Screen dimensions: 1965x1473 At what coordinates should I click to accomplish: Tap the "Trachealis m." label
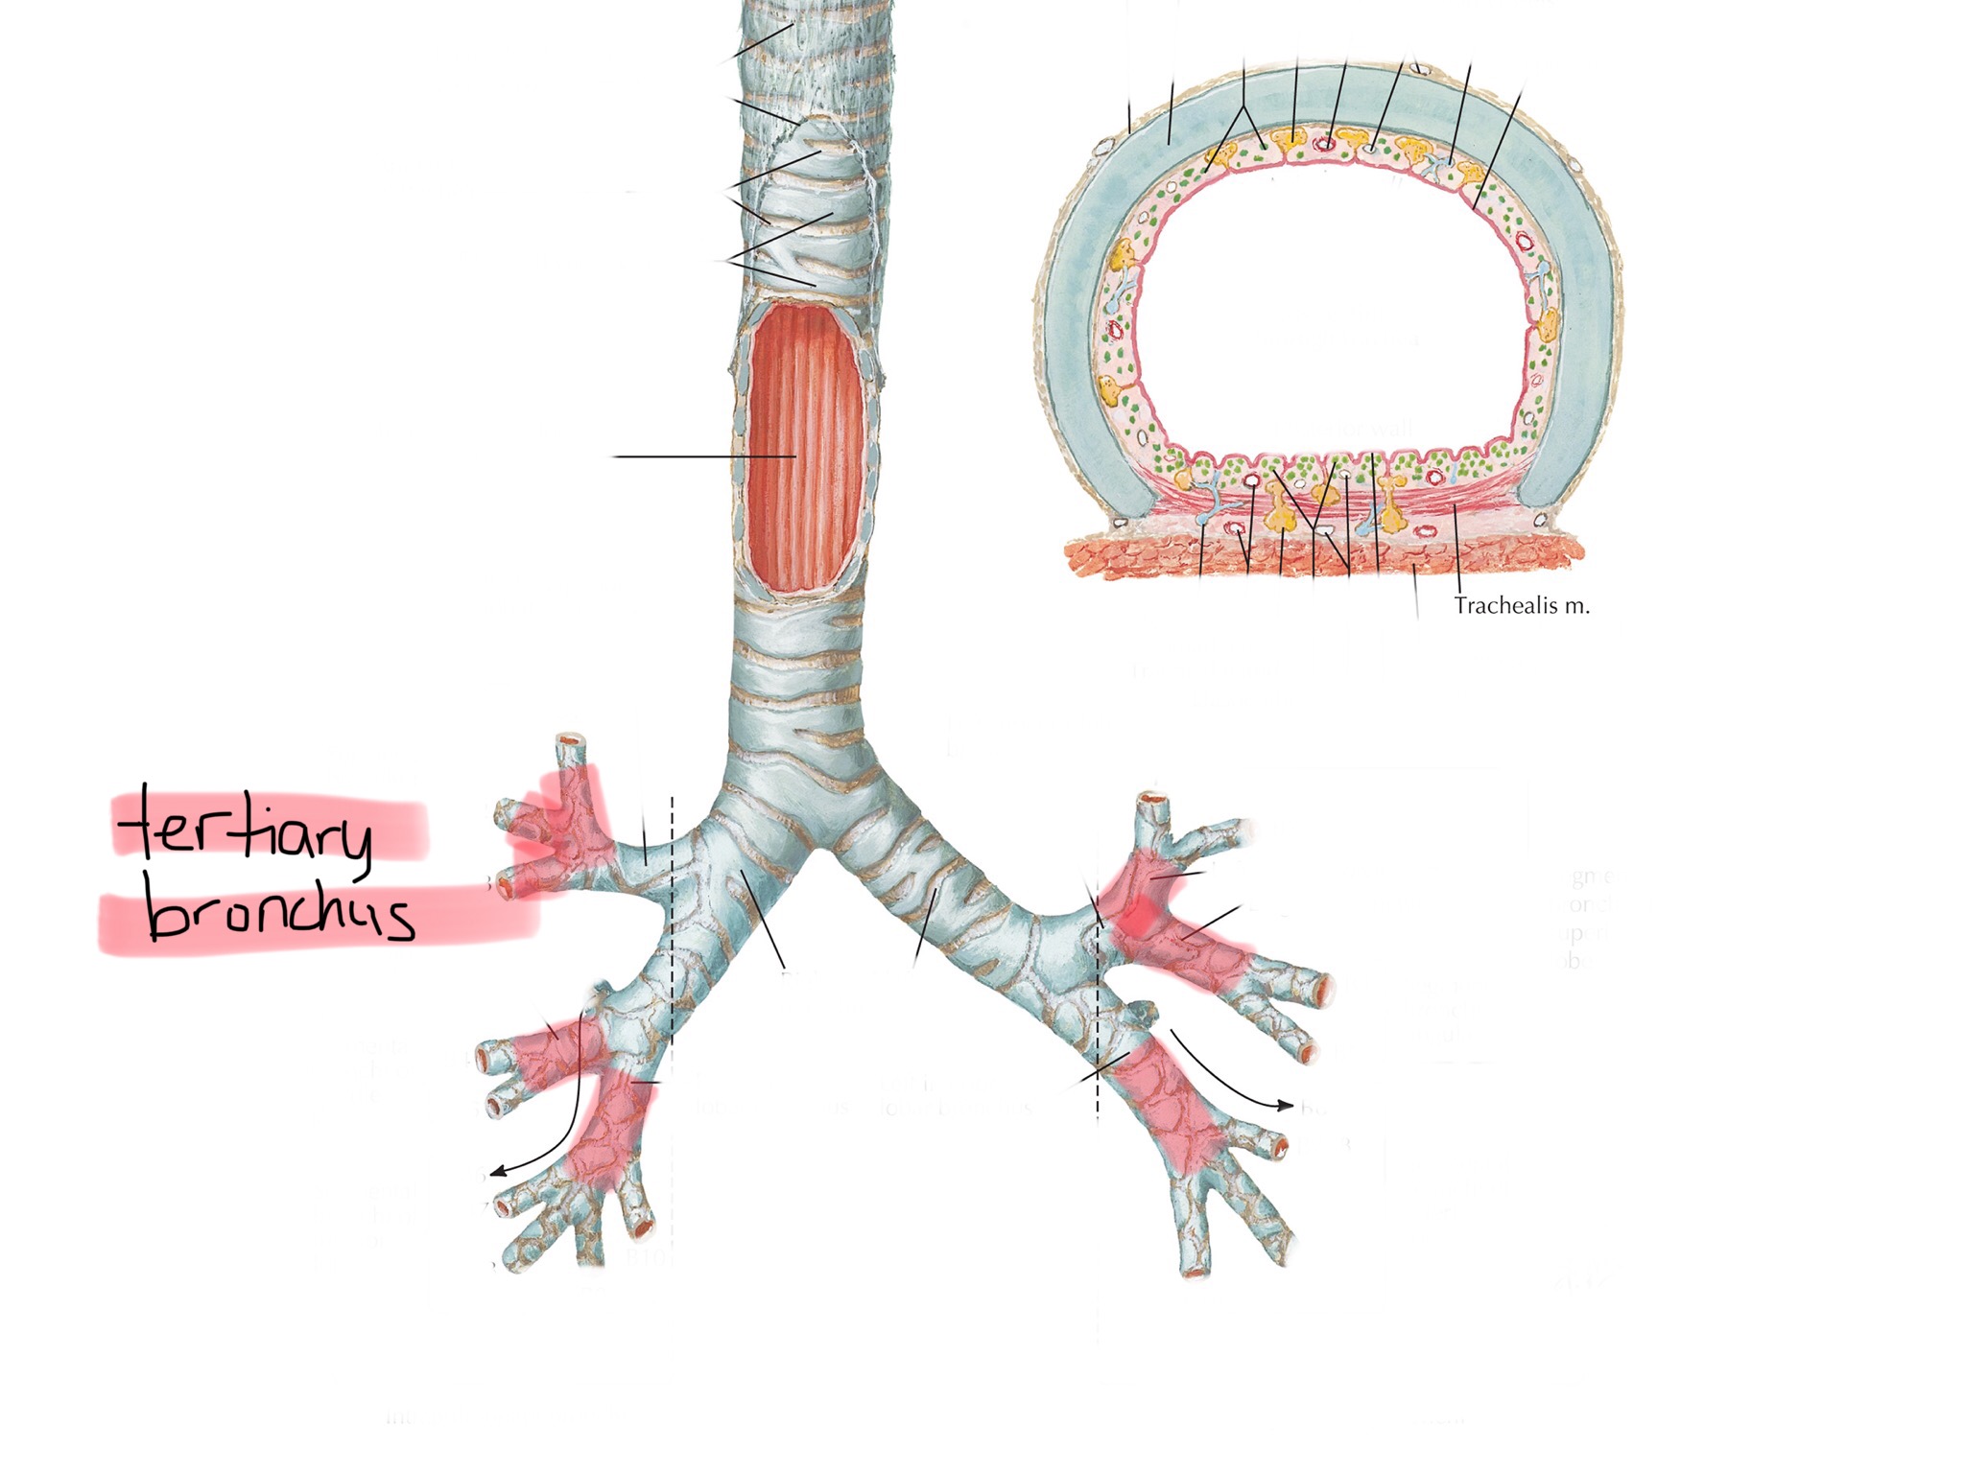pos(1521,606)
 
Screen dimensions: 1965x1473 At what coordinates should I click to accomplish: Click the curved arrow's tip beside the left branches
pos(494,1172)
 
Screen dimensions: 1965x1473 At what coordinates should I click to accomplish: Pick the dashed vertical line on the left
pos(672,959)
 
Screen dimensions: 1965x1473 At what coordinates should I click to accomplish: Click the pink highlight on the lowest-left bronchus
pos(609,1132)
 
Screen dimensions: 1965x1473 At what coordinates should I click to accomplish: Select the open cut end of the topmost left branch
pos(570,741)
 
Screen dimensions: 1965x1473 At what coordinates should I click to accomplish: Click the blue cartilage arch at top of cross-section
pos(1324,96)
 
